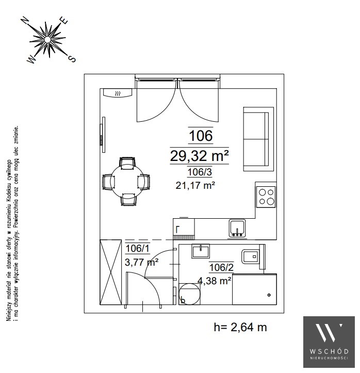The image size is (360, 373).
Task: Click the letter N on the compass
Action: pos(25,21)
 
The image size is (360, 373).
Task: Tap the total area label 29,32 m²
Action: pos(199,156)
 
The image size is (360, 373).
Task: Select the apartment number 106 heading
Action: pos(201,136)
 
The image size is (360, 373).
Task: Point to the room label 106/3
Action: pos(200,172)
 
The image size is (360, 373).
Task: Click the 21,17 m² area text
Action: pos(195,185)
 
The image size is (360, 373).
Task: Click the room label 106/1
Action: pos(137,248)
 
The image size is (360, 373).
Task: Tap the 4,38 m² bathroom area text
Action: pos(214,281)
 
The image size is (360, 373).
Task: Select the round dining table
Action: pos(127,182)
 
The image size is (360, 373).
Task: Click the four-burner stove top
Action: pos(266,197)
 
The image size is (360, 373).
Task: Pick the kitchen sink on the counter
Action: pos(237,228)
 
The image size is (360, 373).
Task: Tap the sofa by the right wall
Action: pos(258,139)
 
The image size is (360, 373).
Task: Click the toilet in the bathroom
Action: pos(253,257)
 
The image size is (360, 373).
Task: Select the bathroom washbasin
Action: pos(201,251)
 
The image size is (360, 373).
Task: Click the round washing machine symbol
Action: pos(189,294)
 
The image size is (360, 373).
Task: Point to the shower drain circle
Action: pos(269,295)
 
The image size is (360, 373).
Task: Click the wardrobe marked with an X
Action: pos(110,272)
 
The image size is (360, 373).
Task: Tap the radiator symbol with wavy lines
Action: pos(118,92)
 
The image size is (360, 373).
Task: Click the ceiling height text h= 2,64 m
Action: pos(240,327)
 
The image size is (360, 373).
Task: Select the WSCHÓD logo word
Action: pos(329,351)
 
